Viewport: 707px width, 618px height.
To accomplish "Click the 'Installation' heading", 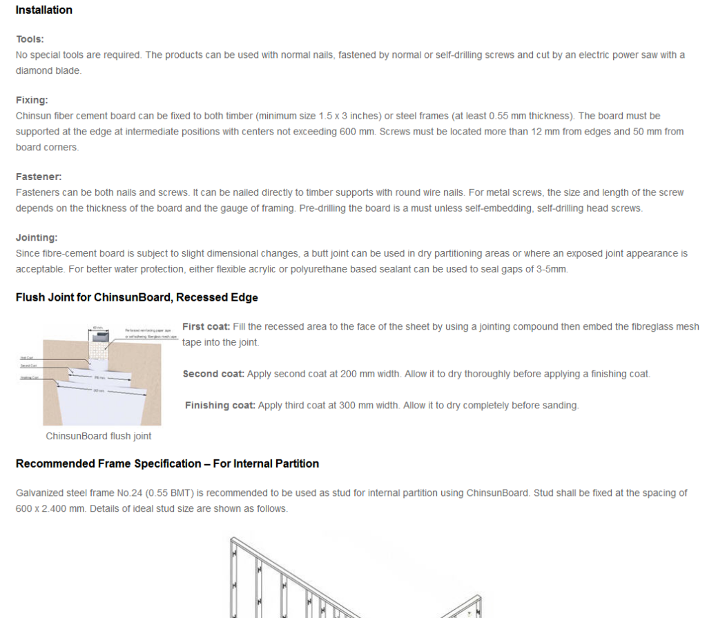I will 43,10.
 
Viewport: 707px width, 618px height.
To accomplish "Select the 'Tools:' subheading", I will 30,39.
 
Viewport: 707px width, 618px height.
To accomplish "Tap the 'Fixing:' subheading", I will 32,100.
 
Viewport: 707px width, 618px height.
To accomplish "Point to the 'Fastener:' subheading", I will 39,177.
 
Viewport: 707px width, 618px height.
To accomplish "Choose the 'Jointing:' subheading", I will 37,237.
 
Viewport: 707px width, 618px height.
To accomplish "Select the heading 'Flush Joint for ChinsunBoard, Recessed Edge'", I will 137,298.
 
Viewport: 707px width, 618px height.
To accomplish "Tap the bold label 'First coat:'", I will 206,327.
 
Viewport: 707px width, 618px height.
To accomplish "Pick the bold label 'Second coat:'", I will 213,374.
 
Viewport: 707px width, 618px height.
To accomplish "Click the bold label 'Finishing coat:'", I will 220,406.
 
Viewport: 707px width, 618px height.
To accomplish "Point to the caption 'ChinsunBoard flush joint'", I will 99,436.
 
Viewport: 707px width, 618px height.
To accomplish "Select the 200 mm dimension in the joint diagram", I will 100,377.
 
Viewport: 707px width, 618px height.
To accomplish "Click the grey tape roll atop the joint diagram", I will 100,337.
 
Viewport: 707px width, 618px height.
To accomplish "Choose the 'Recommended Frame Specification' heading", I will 167,464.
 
